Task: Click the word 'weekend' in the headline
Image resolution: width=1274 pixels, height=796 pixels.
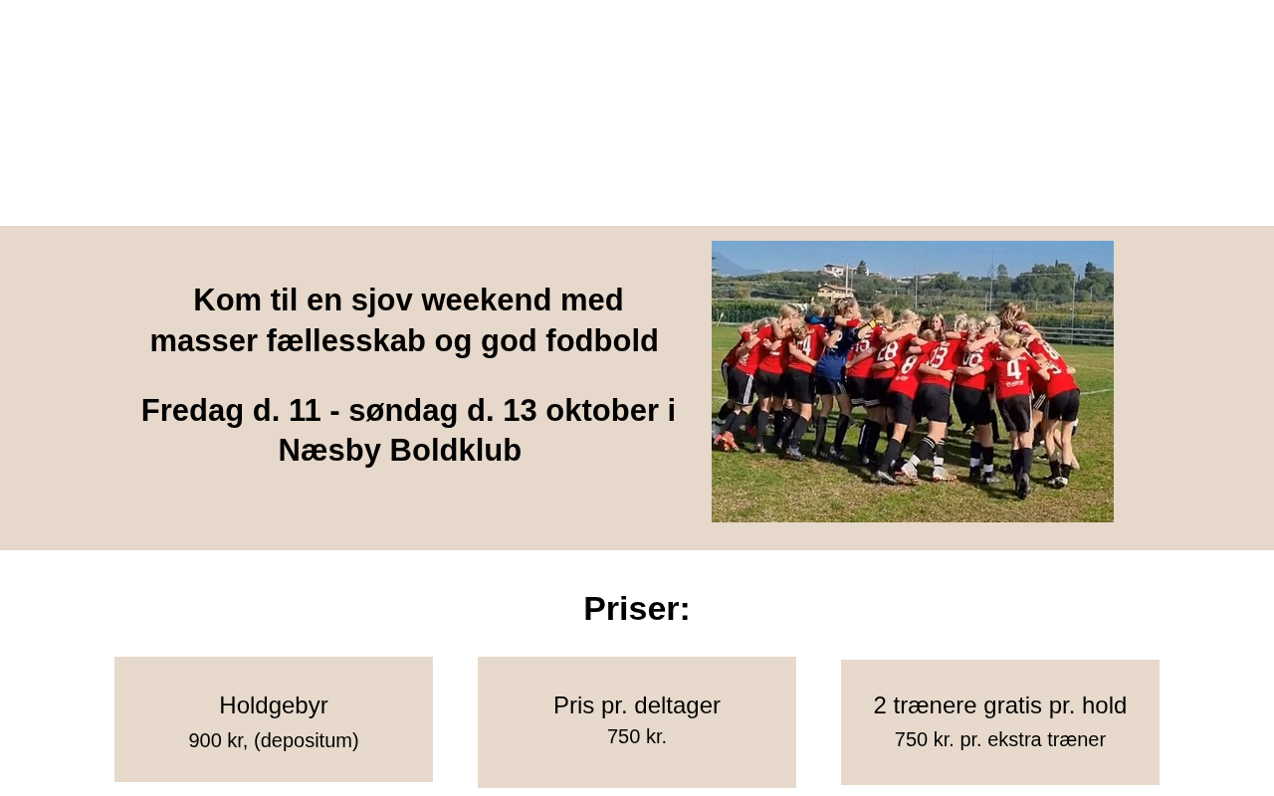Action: click(x=487, y=299)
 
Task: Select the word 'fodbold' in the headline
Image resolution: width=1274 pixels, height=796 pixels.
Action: click(x=602, y=340)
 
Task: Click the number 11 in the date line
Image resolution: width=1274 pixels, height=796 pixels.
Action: click(x=305, y=410)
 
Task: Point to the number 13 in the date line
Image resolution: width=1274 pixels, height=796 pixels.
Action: click(x=520, y=410)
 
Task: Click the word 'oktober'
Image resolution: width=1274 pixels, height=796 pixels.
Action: click(x=602, y=410)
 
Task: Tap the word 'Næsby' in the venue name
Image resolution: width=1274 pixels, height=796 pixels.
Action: click(x=329, y=451)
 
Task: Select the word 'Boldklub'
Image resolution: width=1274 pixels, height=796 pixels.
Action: click(x=456, y=451)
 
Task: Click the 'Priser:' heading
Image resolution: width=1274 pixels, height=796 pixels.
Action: click(x=636, y=608)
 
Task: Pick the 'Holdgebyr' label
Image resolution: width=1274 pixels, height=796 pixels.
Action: click(x=274, y=705)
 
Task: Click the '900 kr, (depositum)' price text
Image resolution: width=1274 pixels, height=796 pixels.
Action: click(x=274, y=740)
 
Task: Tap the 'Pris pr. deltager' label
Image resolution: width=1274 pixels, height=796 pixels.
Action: click(x=636, y=705)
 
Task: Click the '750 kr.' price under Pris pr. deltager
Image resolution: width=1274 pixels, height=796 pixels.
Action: click(x=636, y=737)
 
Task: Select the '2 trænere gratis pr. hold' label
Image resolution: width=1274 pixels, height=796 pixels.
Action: click(x=1000, y=705)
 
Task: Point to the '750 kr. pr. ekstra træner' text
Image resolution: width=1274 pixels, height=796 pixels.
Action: click(x=1000, y=739)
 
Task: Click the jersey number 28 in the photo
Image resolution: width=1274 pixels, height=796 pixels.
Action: click(x=887, y=352)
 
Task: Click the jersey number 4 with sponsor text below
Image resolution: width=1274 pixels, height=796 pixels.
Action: click(x=1013, y=369)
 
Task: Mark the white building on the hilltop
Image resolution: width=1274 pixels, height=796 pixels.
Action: click(x=834, y=271)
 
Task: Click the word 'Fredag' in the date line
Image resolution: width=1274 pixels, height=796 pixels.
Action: click(x=192, y=411)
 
